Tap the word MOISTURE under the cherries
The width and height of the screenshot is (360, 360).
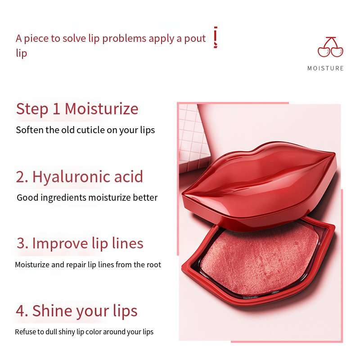click(x=325, y=68)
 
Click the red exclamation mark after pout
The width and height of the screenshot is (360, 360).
click(x=216, y=37)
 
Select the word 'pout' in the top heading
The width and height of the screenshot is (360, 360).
click(x=195, y=39)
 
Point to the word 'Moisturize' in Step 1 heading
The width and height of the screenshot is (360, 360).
click(x=102, y=108)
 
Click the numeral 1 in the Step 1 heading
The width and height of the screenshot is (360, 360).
click(x=56, y=109)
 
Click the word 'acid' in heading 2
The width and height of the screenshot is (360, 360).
click(x=129, y=176)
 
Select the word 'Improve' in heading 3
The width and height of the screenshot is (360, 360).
click(x=60, y=244)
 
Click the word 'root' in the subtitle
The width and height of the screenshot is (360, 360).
click(x=153, y=265)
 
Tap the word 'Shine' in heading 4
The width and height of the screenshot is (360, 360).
click(x=52, y=311)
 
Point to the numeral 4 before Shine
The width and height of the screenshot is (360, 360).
click(x=20, y=311)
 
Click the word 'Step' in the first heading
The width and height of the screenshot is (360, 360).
click(x=32, y=109)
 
